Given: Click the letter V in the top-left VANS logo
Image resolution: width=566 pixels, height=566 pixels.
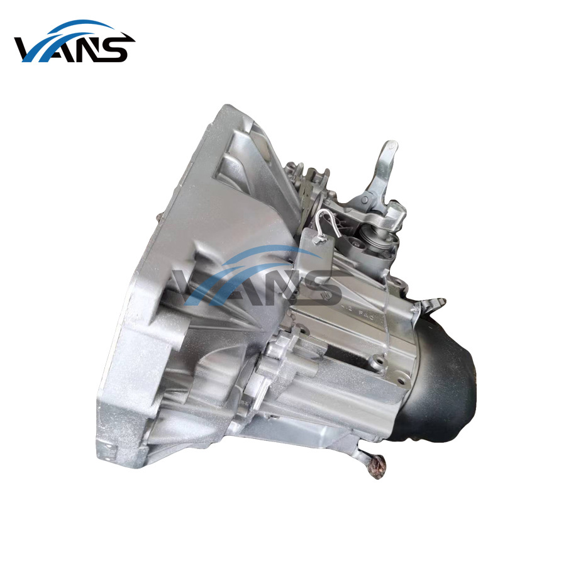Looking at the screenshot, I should (31, 49).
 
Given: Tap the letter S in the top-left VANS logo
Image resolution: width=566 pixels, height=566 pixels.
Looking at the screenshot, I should (118, 49).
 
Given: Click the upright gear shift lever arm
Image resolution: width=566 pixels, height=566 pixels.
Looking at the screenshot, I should (380, 170).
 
